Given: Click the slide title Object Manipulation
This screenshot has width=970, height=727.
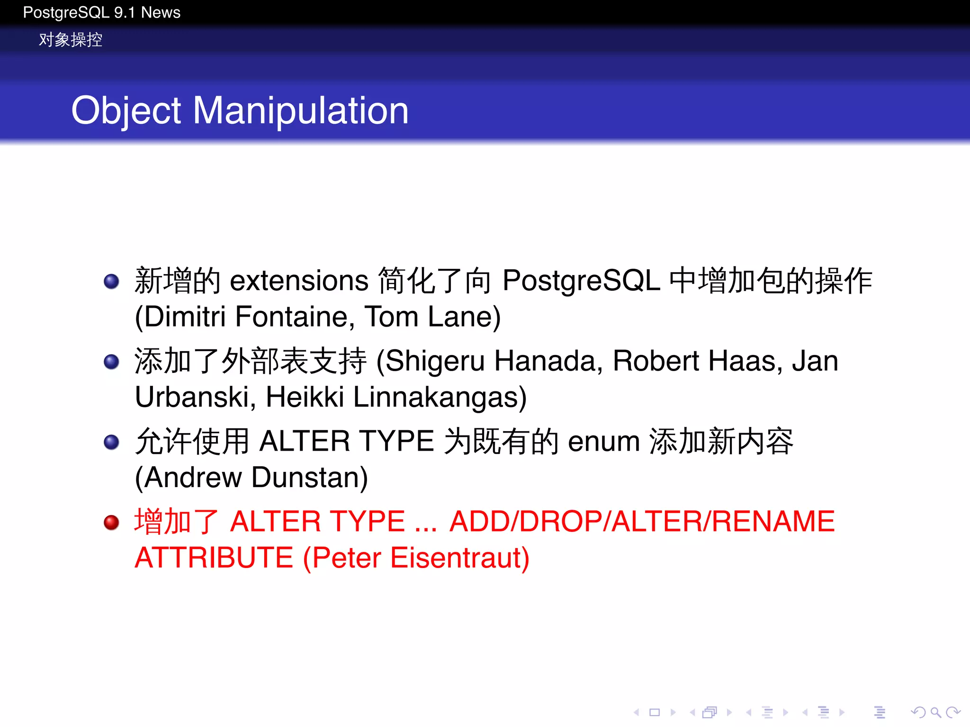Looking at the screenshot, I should [240, 110].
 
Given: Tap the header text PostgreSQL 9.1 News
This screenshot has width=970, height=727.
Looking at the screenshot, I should [101, 12].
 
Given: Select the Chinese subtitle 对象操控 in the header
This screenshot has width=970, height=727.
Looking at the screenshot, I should [71, 40].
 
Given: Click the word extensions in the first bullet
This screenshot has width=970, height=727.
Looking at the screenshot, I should [299, 281].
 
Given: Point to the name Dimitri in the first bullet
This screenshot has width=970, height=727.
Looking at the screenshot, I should [185, 317].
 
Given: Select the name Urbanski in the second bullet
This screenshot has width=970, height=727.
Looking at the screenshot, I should [192, 397].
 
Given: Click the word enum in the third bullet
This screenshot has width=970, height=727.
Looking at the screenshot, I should [603, 442].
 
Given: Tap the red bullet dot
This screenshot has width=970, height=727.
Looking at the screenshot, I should [111, 523].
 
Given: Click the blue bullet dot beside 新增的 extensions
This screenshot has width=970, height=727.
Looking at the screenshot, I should [111, 281].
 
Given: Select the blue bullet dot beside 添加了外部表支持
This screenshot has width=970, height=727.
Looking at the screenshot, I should [111, 362].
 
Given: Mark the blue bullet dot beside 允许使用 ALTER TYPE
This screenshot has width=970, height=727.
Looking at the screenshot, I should [111, 443].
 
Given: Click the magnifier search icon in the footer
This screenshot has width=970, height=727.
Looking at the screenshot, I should [935, 712].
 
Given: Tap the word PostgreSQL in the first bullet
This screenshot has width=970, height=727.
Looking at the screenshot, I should [581, 281].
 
